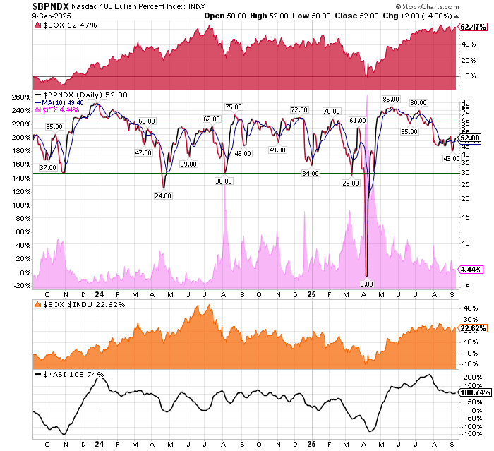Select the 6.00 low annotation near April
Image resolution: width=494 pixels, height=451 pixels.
tap(366, 284)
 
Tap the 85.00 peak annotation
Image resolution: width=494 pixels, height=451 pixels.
tap(391, 100)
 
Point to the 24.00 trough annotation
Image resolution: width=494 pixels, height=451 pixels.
tap(163, 196)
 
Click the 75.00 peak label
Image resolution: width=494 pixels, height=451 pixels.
tap(234, 107)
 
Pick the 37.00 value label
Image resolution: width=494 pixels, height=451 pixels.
tap(48, 167)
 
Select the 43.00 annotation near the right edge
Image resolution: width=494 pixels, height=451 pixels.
tap(452, 158)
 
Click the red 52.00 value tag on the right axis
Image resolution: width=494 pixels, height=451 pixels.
tap(471, 138)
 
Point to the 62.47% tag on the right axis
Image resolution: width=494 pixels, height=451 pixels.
tap(471, 27)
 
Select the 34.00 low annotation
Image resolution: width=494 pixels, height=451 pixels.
tap(309, 173)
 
